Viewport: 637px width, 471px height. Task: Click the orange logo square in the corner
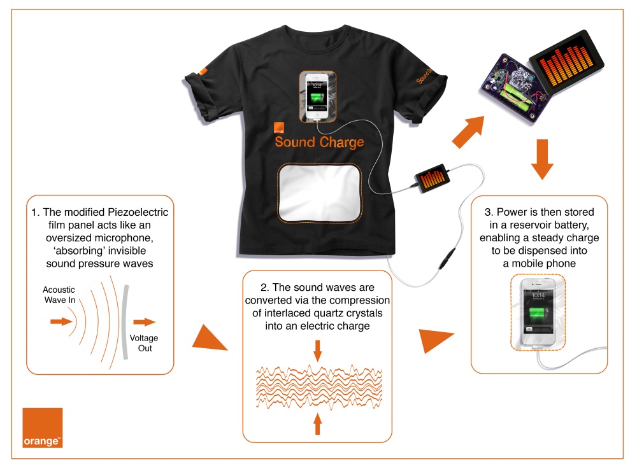click(43, 428)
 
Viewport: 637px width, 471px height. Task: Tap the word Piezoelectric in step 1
click(138, 213)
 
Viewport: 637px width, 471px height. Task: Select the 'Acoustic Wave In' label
click(59, 295)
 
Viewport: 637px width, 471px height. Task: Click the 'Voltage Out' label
click(144, 343)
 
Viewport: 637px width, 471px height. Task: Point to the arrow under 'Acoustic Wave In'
click(61, 321)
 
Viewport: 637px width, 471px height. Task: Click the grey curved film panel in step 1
click(125, 321)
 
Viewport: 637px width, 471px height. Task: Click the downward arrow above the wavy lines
click(318, 351)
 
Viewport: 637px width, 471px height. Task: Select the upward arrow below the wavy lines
click(318, 424)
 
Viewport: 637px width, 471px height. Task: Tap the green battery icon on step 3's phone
click(539, 315)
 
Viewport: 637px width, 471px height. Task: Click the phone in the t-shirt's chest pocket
click(317, 97)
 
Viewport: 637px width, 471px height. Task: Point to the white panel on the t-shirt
click(320, 193)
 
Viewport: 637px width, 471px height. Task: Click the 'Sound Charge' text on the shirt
click(319, 142)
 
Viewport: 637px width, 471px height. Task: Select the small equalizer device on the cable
click(432, 178)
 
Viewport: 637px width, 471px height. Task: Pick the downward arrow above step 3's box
click(542, 159)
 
